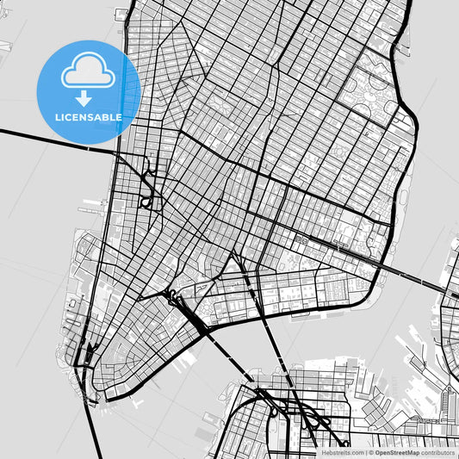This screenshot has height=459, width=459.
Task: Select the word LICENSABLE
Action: pyautogui.click(x=89, y=117)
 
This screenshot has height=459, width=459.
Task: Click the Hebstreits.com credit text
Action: pyautogui.click(x=341, y=451)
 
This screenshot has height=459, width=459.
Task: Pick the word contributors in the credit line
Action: pyautogui.click(x=437, y=451)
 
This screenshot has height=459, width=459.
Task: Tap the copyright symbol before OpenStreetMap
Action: pyautogui.click(x=371, y=451)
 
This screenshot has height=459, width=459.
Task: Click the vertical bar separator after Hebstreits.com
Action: pyautogui.click(x=365, y=451)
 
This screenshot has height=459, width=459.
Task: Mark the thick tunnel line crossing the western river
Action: pyautogui.click(x=52, y=140)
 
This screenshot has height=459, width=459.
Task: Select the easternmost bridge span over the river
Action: pyautogui.click(x=413, y=276)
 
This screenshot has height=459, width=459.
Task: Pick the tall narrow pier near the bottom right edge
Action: pyautogui.click(x=448, y=405)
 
